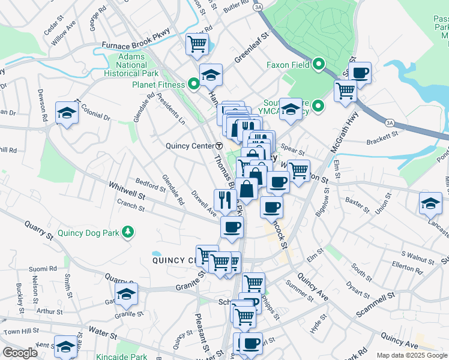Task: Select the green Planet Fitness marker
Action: (193, 85)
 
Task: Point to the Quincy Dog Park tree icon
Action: (127, 232)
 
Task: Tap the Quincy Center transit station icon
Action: (219, 146)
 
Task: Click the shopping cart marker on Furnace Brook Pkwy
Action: (197, 43)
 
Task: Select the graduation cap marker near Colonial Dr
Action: (67, 112)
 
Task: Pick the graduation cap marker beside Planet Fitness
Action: (211, 74)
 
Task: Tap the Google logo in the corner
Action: (20, 353)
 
